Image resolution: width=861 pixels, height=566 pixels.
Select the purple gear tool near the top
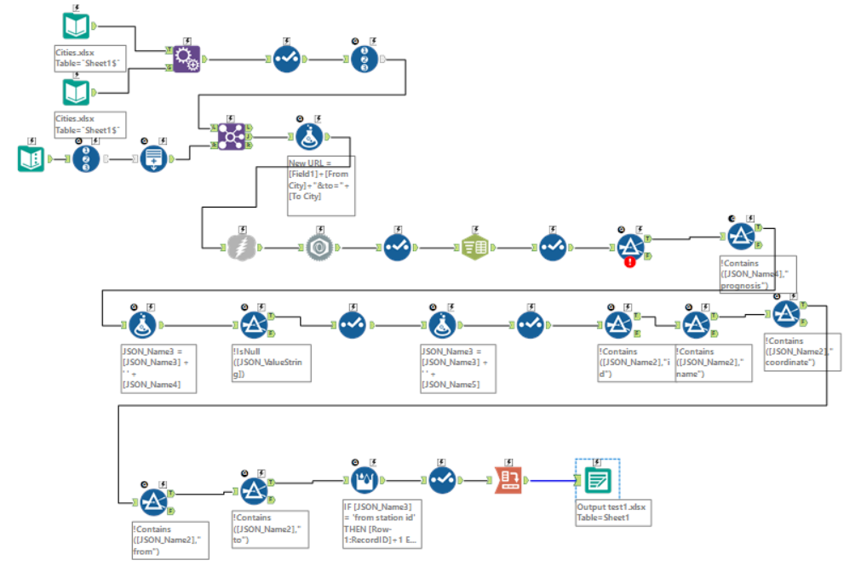coord(187,59)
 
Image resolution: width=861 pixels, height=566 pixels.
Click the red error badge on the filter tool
coord(630,262)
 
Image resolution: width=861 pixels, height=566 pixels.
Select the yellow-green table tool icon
coord(474,247)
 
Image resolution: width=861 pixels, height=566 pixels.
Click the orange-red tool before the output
coord(508,481)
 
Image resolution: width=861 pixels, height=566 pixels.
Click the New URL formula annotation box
coord(320,179)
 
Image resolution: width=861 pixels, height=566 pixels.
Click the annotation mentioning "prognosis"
coord(756,274)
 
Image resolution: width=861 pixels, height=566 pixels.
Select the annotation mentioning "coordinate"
coord(801,351)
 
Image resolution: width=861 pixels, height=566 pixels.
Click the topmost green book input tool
coord(76,27)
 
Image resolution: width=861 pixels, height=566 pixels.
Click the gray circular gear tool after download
coord(319,247)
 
